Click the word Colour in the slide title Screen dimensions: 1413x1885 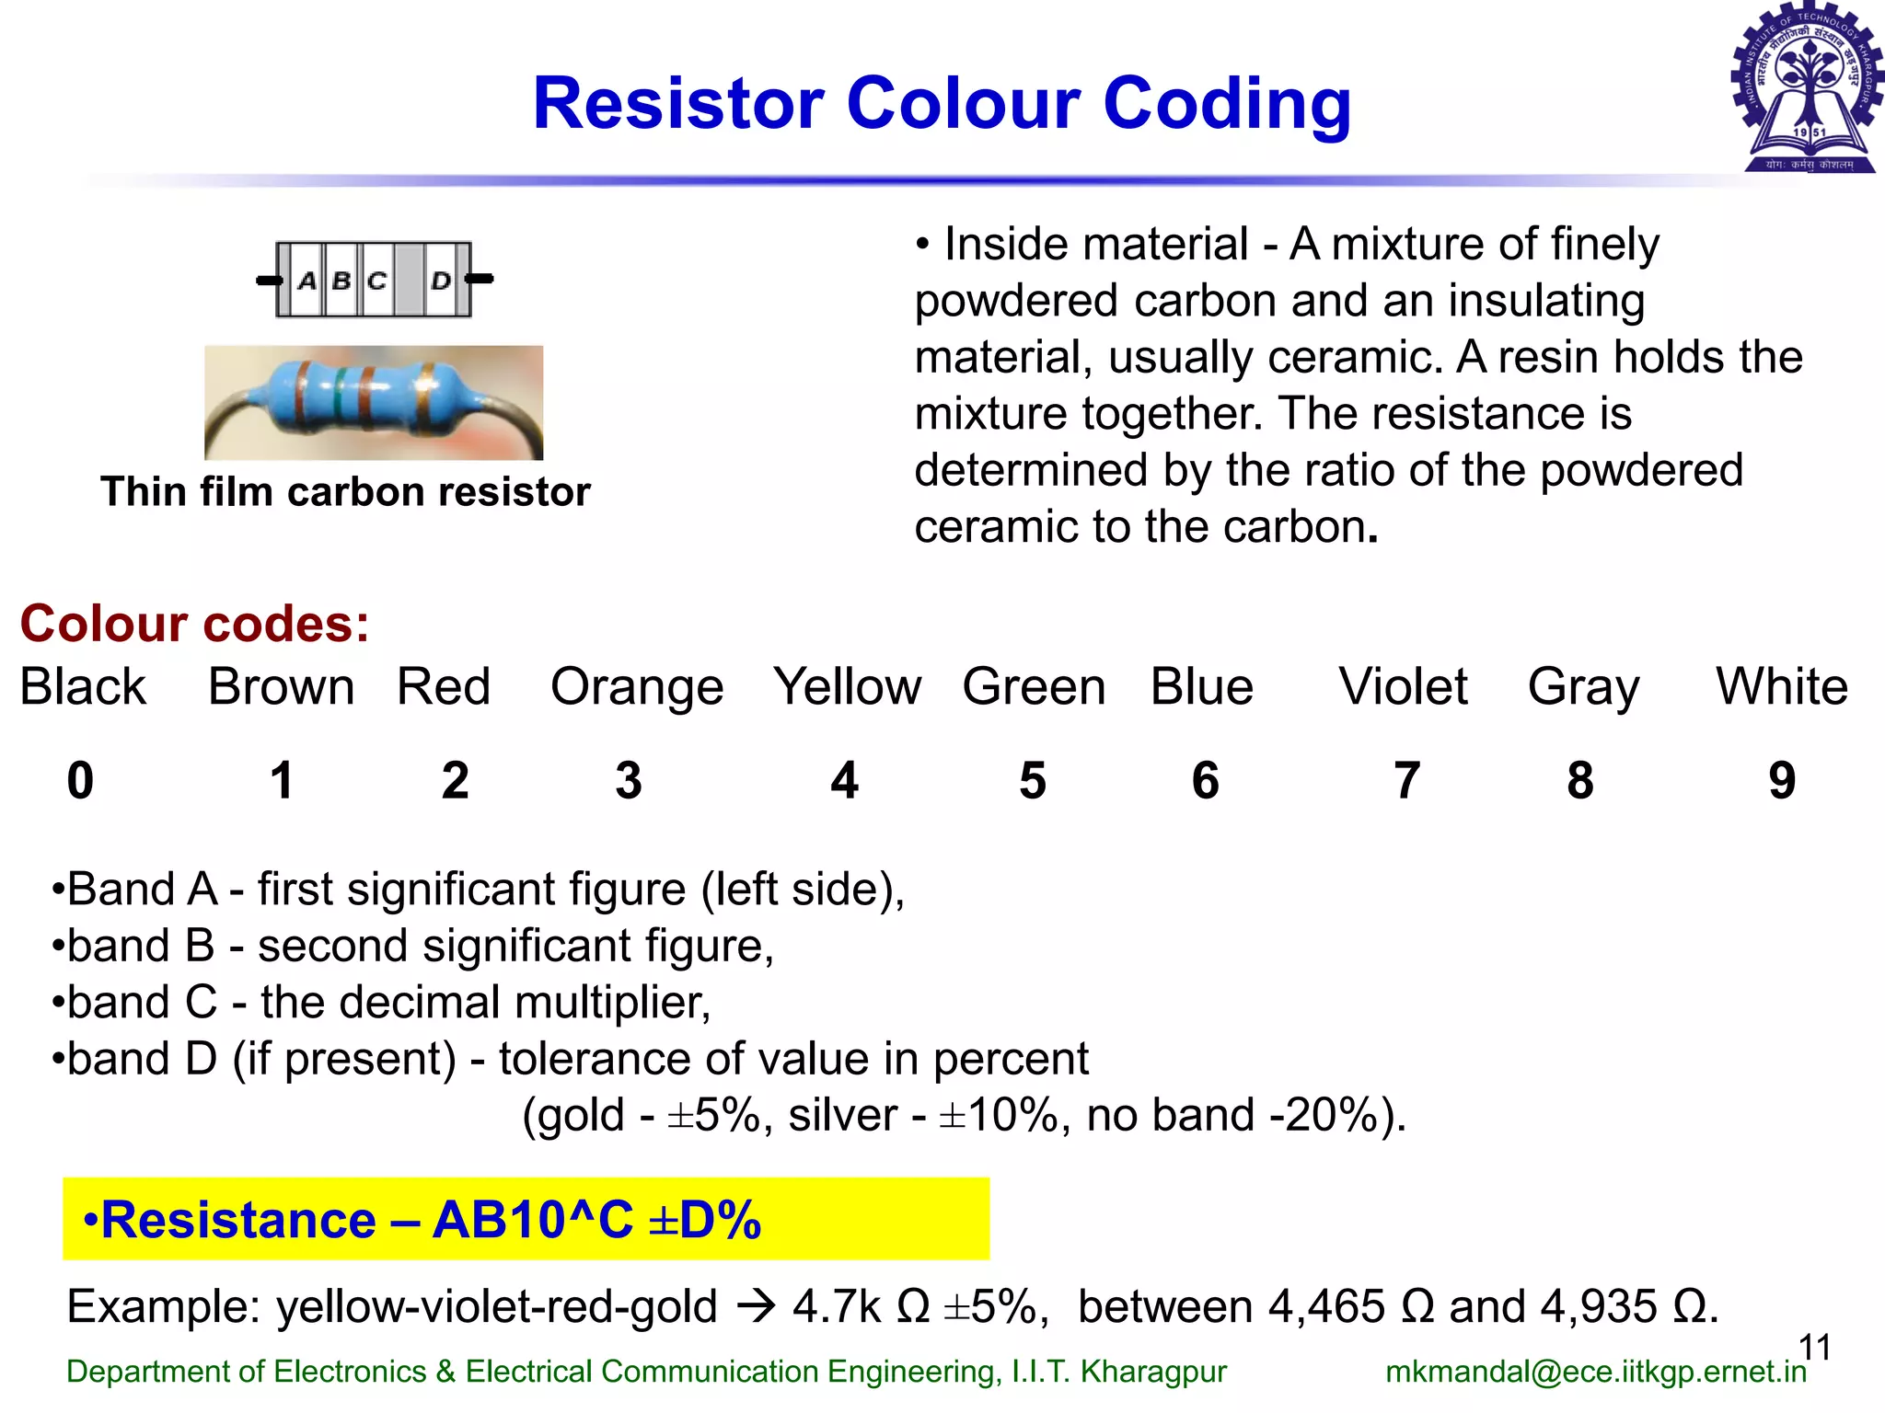pos(964,103)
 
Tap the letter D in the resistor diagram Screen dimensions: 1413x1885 pos(441,280)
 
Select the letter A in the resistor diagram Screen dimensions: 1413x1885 pos(307,280)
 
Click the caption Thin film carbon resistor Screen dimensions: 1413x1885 pos(345,492)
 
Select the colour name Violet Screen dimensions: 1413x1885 pos(1403,686)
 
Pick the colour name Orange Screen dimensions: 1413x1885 pos(637,688)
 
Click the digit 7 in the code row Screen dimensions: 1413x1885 pos(1406,781)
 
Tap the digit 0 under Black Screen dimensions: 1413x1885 pos(80,781)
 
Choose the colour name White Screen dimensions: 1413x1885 pos(1782,686)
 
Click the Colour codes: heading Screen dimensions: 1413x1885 pos(194,624)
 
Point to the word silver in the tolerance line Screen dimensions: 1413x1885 pos(842,1115)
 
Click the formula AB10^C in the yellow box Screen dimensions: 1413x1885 pos(533,1220)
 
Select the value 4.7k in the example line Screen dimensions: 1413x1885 pos(837,1306)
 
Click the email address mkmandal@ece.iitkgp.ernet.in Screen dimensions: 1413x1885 pos(1596,1372)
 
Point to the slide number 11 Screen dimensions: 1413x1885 pos(1814,1348)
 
